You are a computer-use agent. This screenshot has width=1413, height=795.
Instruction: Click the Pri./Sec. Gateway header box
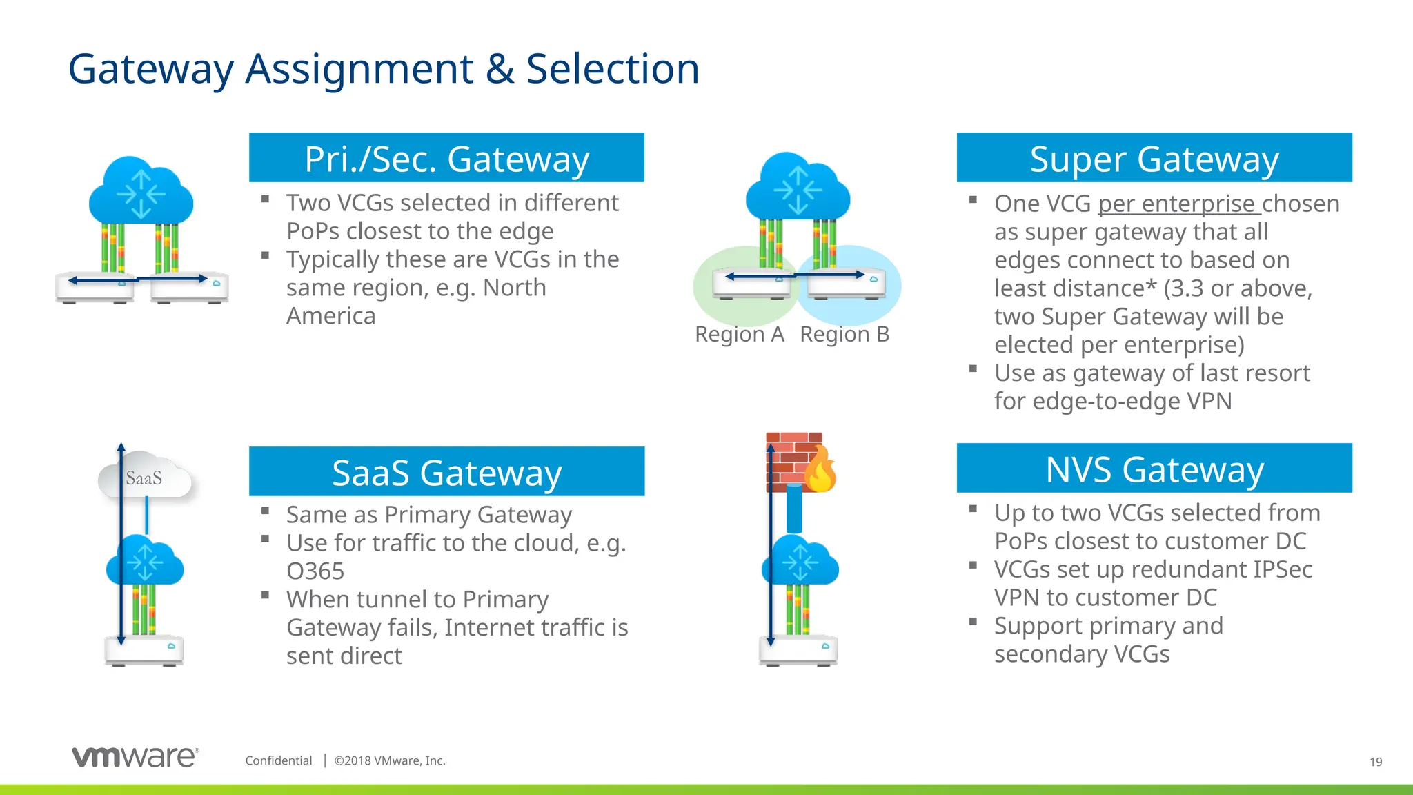tap(446, 158)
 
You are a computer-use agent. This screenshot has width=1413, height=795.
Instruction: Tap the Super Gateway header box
tap(1154, 158)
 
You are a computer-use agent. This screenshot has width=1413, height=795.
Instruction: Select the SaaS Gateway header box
tap(446, 472)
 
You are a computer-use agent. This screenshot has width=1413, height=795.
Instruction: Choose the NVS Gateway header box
tap(1154, 469)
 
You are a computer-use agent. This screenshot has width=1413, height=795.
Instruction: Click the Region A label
tap(739, 335)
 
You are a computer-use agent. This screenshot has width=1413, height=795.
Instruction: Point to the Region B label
tap(844, 335)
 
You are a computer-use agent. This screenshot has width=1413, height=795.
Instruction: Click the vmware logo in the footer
tap(135, 757)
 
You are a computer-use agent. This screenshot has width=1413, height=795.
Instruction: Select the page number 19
tap(1375, 762)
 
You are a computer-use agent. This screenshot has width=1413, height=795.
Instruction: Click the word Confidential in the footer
tap(279, 760)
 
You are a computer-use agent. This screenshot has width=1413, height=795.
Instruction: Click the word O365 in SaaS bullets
tap(315, 571)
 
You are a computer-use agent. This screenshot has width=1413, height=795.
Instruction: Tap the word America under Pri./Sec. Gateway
tap(331, 316)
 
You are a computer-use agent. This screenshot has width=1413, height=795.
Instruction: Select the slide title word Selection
tap(612, 69)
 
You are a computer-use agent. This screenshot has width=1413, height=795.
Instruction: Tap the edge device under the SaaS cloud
tap(144, 650)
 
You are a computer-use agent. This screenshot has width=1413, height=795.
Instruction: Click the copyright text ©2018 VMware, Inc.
tap(390, 760)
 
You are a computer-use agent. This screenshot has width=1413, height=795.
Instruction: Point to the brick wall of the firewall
tap(786, 459)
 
